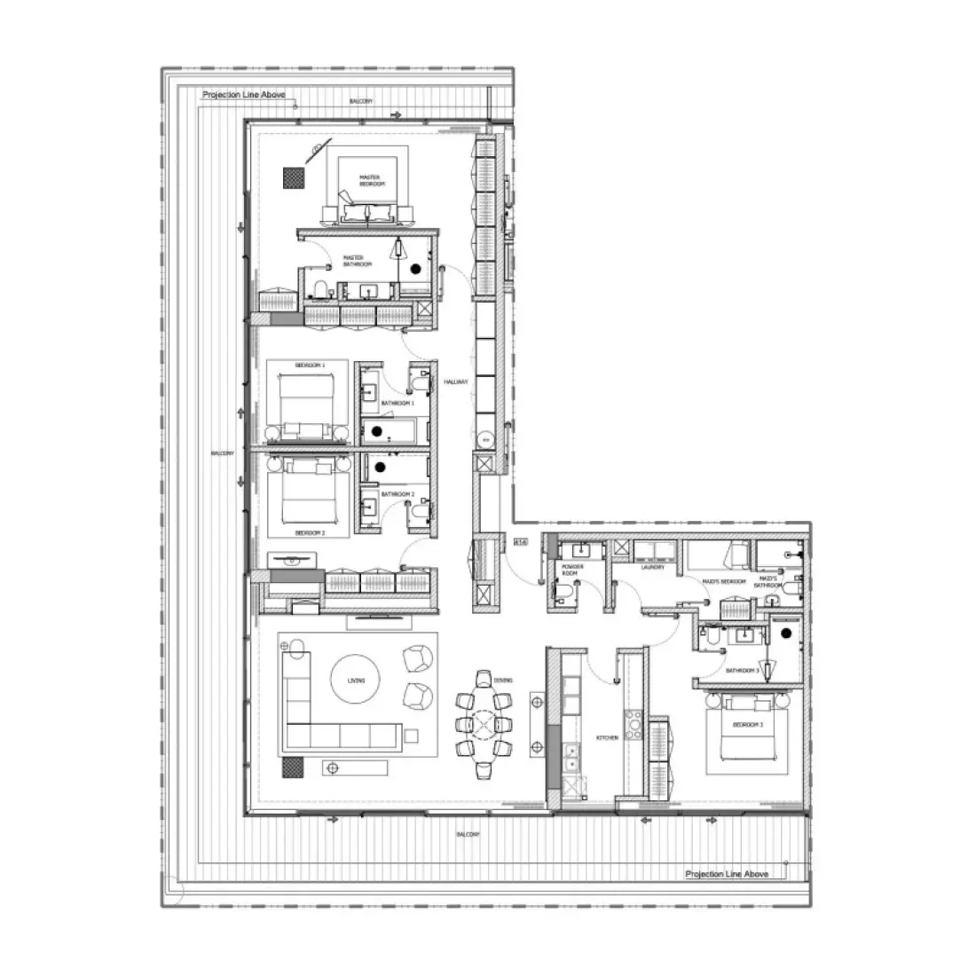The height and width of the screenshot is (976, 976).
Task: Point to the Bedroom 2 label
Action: click(x=310, y=533)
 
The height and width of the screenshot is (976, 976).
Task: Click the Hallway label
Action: click(x=455, y=382)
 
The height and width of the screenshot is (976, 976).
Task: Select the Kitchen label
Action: click(x=607, y=738)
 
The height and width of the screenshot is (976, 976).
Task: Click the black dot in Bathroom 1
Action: click(x=376, y=431)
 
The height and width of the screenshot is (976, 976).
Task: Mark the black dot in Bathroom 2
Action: click(x=380, y=466)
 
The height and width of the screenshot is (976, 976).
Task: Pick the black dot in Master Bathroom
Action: click(x=415, y=265)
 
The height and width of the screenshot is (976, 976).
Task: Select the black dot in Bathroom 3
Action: click(x=786, y=634)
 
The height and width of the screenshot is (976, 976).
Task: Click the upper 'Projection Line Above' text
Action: click(x=244, y=94)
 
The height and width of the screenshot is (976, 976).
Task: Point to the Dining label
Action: click(x=503, y=681)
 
